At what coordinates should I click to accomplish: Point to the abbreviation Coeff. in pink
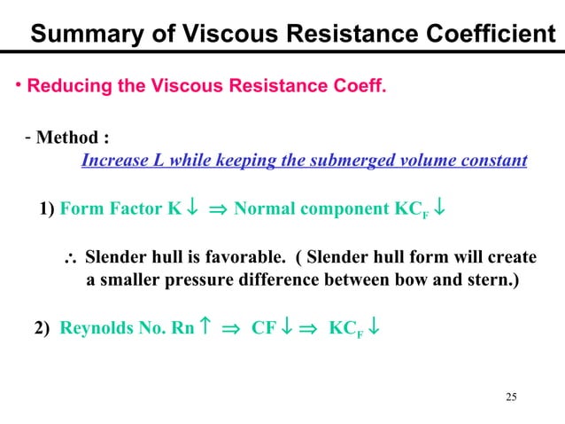point(355,87)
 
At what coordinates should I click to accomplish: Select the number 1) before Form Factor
point(47,210)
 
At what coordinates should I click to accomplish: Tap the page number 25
point(510,395)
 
